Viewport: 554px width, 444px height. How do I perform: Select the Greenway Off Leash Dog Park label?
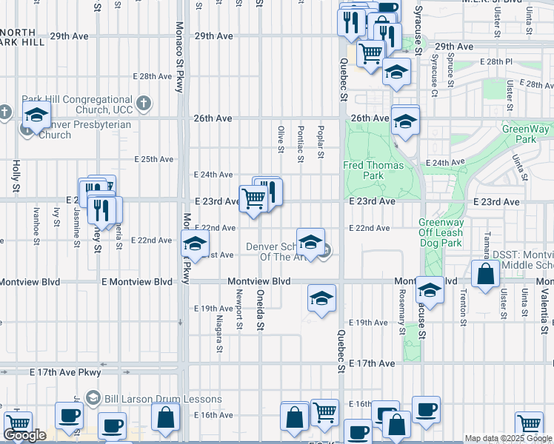pos(440,232)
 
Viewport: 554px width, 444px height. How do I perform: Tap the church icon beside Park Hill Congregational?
pos(144,103)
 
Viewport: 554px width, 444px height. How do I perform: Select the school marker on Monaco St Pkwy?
pos(194,243)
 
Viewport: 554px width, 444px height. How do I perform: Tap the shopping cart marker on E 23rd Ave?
pos(253,198)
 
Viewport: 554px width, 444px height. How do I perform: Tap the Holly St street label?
pos(16,175)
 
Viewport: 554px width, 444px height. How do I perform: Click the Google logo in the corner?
pos(24,435)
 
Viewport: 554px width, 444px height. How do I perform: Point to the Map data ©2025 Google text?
pos(507,438)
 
